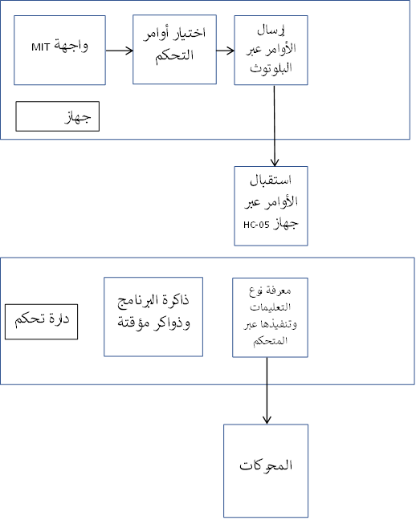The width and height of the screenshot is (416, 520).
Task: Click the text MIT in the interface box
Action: (40, 47)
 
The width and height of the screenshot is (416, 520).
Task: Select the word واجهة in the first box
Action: (71, 46)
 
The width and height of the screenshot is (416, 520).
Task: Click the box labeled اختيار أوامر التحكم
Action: (174, 50)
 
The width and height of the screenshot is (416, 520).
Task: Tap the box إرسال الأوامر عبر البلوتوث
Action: (271, 50)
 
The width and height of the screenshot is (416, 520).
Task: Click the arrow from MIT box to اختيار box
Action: (119, 51)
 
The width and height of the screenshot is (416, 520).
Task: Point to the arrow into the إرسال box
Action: (226, 51)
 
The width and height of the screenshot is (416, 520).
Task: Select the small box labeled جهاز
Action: (58, 116)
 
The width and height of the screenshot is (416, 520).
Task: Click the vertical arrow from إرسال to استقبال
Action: (274, 126)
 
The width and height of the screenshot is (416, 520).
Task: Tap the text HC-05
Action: (256, 225)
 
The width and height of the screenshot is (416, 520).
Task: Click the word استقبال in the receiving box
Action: (271, 181)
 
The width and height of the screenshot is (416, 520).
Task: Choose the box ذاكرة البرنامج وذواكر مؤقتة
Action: (153, 317)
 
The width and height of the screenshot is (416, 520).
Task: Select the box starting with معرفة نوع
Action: (271, 317)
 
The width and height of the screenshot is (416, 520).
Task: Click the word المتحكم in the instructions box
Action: (271, 341)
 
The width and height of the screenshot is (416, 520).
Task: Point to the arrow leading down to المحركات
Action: (267, 391)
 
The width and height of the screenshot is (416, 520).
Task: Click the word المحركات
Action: (266, 465)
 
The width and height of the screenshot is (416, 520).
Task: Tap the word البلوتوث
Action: (271, 68)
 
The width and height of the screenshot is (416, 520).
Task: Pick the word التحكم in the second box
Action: (174, 55)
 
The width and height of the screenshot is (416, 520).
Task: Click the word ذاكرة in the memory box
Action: (175, 300)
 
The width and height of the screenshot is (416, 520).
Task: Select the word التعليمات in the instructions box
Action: (271, 307)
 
